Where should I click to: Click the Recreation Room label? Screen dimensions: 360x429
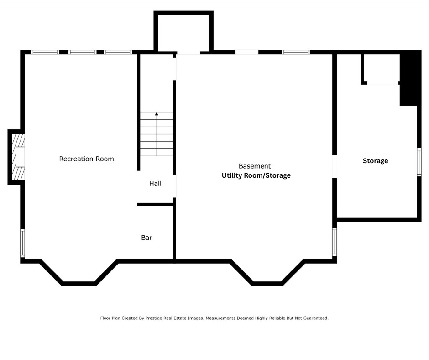click(x=86, y=159)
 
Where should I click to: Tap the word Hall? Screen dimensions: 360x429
click(x=155, y=184)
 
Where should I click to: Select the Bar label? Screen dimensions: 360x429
click(x=146, y=238)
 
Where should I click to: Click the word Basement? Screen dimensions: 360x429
click(x=255, y=166)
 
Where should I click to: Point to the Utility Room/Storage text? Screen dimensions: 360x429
click(x=256, y=175)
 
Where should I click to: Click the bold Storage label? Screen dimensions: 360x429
click(x=375, y=161)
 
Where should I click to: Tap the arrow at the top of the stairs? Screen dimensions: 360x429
click(x=157, y=113)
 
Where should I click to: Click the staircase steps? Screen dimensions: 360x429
click(x=157, y=134)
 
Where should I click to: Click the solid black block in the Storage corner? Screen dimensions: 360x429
click(x=409, y=79)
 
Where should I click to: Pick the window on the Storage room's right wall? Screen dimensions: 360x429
click(x=419, y=162)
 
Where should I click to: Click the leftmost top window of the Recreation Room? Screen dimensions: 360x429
click(x=45, y=52)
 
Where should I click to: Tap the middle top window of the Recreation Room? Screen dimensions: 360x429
click(x=83, y=52)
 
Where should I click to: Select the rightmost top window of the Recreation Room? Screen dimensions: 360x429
click(x=118, y=52)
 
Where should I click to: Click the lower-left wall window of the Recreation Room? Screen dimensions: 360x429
click(x=22, y=244)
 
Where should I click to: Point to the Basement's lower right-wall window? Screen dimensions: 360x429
click(x=335, y=242)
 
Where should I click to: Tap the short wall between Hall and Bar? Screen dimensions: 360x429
click(x=155, y=204)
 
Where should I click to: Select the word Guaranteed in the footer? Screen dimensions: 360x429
click(x=314, y=318)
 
